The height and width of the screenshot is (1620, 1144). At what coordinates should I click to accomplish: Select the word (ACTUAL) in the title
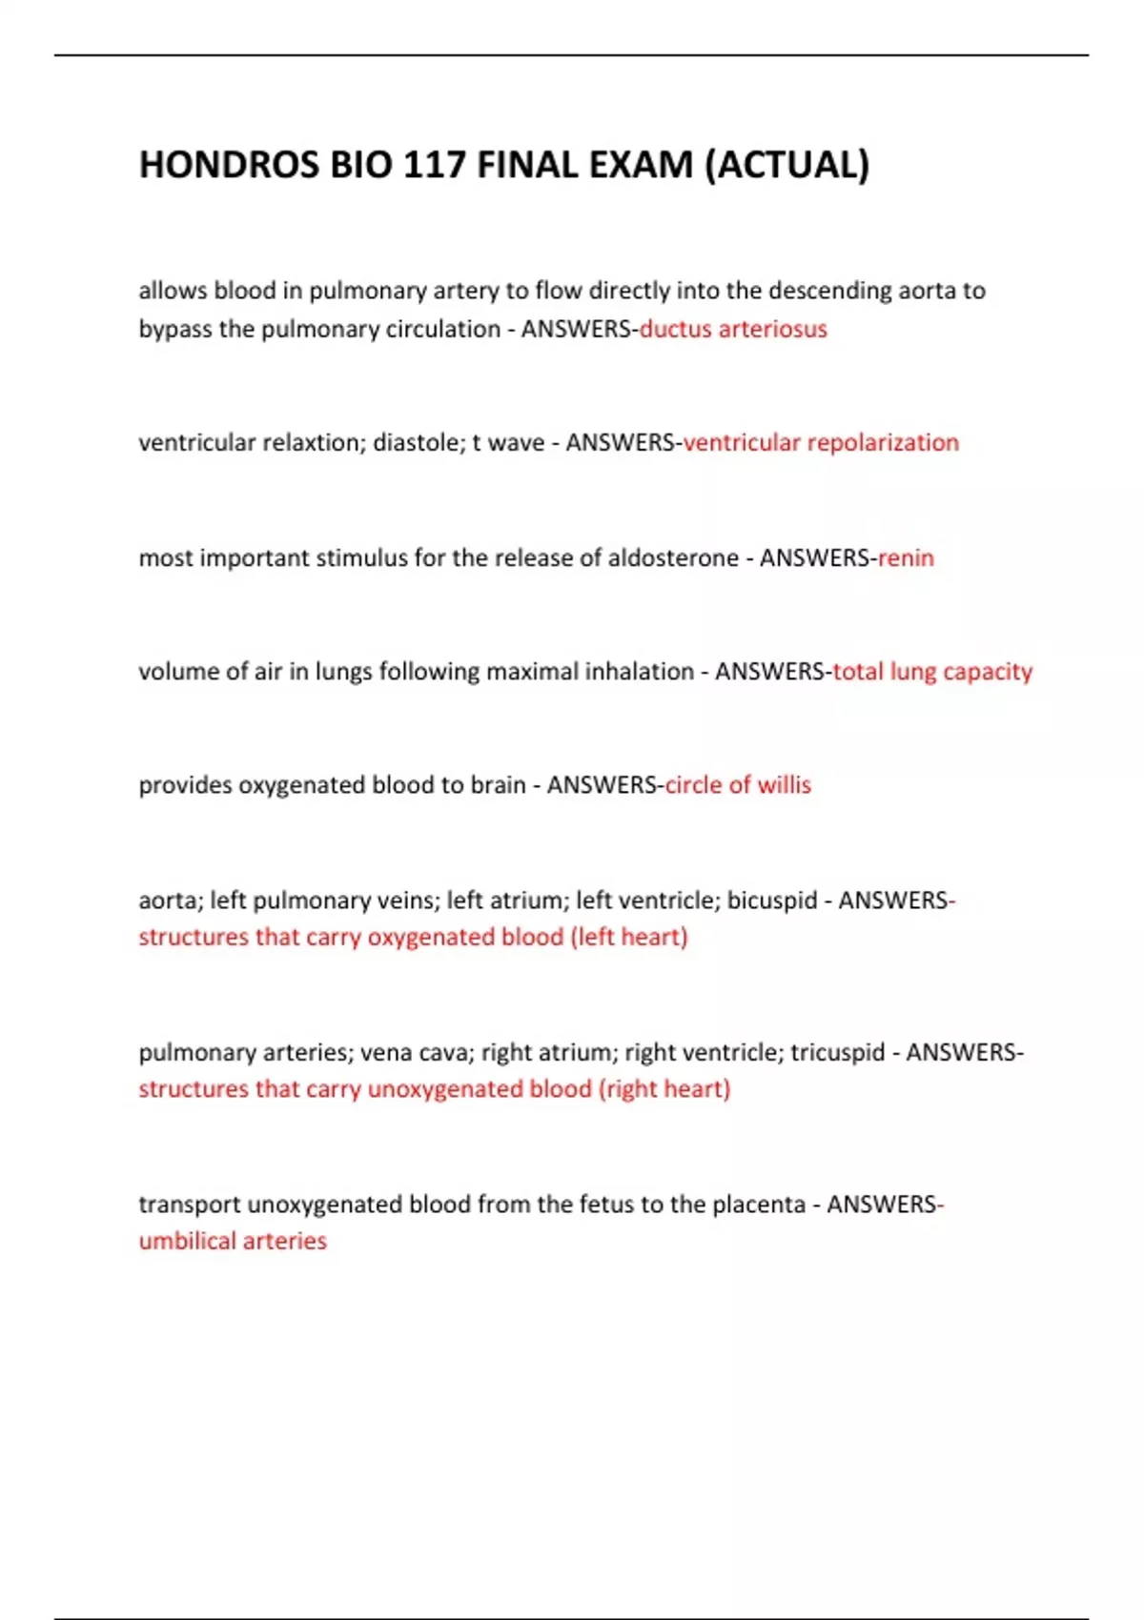pyautogui.click(x=786, y=165)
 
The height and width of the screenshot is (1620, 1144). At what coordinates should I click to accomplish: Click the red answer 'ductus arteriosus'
pyautogui.click(x=732, y=329)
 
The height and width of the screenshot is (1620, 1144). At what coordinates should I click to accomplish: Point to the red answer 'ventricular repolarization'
pyautogui.click(x=821, y=442)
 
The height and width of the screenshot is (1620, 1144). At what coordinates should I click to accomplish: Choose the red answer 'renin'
pyautogui.click(x=906, y=557)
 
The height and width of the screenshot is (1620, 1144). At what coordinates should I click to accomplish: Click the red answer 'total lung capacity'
pyautogui.click(x=932, y=672)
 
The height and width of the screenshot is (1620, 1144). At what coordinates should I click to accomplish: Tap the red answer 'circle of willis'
pyautogui.click(x=738, y=785)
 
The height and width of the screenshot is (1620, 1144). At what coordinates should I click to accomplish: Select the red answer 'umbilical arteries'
pyautogui.click(x=233, y=1241)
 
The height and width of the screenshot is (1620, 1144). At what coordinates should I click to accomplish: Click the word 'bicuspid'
pyautogui.click(x=772, y=901)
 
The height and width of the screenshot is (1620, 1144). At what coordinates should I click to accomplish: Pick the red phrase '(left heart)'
pyautogui.click(x=629, y=937)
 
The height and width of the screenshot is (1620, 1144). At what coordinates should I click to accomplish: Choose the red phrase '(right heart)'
pyautogui.click(x=664, y=1089)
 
